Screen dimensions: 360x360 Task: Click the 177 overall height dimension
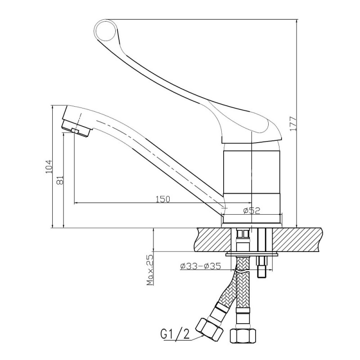coord(293,124)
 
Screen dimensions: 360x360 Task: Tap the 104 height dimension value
coord(49,166)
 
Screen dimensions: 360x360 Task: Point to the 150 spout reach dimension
coord(163,199)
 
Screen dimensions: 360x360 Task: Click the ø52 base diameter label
coord(252,210)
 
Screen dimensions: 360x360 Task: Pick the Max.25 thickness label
coord(150,270)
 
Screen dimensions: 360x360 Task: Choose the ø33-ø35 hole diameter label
coord(201,266)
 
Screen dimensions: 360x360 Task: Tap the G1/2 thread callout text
coord(175,335)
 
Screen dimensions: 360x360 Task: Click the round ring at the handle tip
coord(105,30)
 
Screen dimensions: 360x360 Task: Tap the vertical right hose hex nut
coord(243,336)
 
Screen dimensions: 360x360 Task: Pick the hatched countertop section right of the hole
coord(297,239)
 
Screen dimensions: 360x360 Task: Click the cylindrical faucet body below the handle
coord(252,172)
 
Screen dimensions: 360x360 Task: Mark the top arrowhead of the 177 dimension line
coord(297,22)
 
